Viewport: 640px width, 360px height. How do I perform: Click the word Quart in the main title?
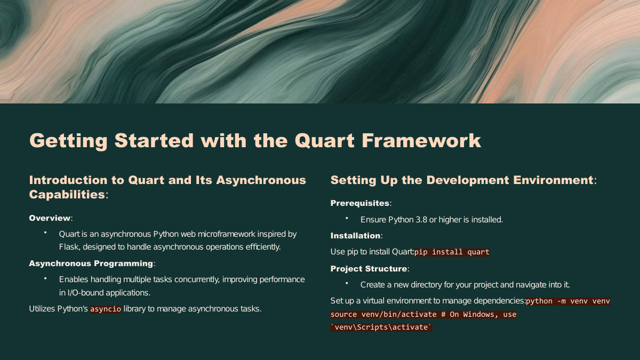[325, 141]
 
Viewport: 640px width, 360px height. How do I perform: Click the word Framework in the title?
[421, 141]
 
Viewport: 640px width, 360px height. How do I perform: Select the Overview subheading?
[50, 218]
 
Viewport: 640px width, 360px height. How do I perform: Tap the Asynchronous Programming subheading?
[91, 263]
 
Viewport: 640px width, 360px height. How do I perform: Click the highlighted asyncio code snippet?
[106, 309]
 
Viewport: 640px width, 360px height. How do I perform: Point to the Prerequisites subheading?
[359, 203]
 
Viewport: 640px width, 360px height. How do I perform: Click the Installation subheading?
[355, 236]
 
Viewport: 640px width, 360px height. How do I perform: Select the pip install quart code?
[452, 252]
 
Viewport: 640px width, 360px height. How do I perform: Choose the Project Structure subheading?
[369, 269]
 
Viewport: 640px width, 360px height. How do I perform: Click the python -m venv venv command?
[567, 301]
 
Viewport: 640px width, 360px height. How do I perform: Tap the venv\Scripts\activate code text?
[381, 327]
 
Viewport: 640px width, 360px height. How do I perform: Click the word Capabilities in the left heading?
[67, 195]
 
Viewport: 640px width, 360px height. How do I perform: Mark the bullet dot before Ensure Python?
[347, 218]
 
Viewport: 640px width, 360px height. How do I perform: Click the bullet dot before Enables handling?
[45, 278]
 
